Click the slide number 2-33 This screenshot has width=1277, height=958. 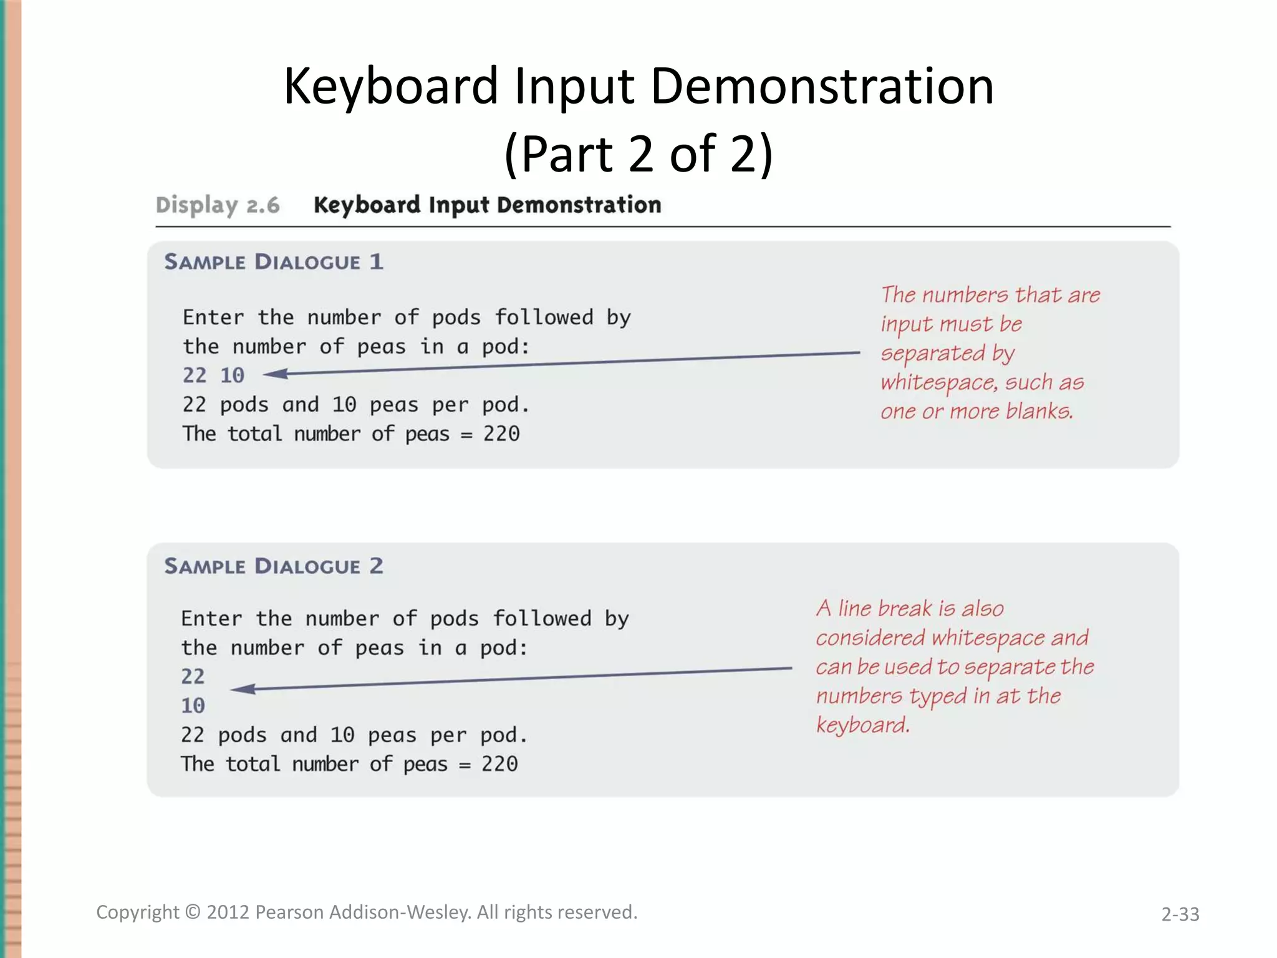[1180, 914]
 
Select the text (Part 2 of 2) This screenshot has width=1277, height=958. [638, 154]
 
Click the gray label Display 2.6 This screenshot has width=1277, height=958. [218, 205]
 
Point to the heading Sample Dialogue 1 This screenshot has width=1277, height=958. [274, 262]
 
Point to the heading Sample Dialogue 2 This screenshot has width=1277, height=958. [274, 566]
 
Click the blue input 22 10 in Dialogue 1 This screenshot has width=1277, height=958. [213, 375]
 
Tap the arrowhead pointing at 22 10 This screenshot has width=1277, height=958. [275, 374]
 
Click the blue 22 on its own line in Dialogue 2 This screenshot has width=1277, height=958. [193, 677]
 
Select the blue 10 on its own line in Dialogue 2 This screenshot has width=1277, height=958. [193, 706]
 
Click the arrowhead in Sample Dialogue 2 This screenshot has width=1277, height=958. [243, 689]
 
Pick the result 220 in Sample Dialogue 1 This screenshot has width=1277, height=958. [501, 434]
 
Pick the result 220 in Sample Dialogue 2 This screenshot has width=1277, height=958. [499, 765]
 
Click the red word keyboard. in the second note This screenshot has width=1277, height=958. [863, 725]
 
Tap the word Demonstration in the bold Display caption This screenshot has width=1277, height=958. [579, 205]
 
